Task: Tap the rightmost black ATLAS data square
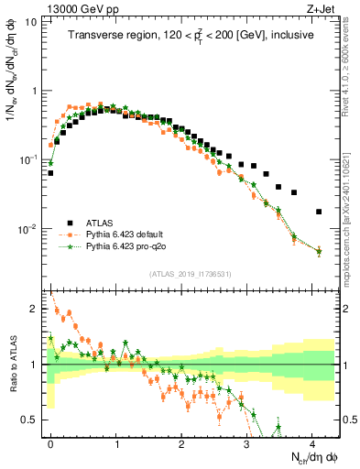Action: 319,212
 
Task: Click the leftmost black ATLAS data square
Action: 50,172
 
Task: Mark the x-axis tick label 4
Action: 313,442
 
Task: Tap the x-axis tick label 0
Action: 50,442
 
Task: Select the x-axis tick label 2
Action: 181,442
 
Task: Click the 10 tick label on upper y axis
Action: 31,20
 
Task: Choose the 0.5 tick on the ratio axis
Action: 29,420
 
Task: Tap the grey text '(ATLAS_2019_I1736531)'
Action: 190,273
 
